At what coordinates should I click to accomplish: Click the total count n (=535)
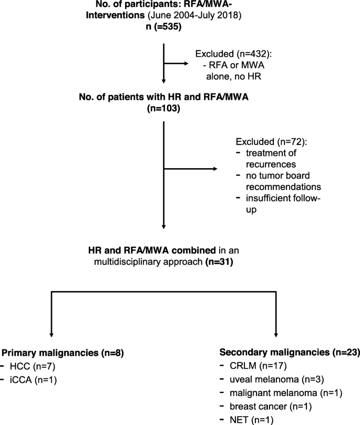click(165, 29)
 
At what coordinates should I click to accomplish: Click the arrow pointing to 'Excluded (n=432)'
click(177, 65)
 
